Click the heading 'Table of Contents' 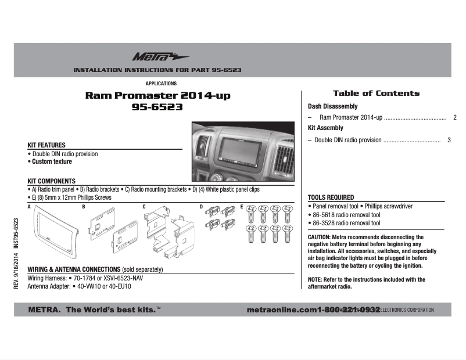coord(376,93)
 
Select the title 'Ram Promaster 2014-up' coord(157,95)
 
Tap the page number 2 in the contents coord(454,118)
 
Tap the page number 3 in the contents coord(449,140)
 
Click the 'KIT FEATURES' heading coord(46,145)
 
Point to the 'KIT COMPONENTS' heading coord(52,181)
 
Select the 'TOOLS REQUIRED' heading coord(331,197)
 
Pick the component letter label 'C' coord(144,207)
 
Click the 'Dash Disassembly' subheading coord(332,107)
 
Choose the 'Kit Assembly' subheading coord(325,128)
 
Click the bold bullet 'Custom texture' coord(52,162)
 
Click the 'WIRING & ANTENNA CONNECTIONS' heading coord(73,270)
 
